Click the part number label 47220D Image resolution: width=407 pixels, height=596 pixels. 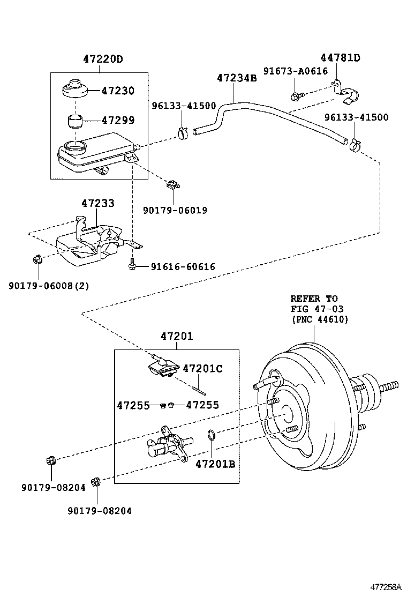coord(103,59)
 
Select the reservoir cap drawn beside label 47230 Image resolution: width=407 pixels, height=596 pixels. coord(74,90)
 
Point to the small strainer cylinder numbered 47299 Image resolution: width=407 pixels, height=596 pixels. coord(75,120)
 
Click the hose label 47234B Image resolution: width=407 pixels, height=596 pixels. coord(237,78)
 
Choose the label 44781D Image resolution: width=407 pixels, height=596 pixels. coord(340,58)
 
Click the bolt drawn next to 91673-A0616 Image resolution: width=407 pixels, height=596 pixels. coord(296,95)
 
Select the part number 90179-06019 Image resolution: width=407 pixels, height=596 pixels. coord(175,210)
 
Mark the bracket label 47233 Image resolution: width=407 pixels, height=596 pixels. coord(98,203)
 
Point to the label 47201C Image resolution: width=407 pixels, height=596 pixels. coord(202,368)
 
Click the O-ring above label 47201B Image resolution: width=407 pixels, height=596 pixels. coord(212,433)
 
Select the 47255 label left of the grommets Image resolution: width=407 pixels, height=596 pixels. coord(133,405)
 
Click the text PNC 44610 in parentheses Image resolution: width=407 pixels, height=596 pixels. coord(320,319)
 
